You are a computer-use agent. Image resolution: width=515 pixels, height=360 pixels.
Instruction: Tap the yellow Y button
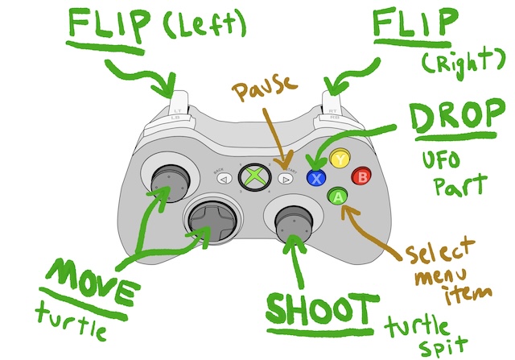tap(341, 159)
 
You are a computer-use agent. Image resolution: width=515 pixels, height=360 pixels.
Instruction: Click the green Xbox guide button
tap(255, 176)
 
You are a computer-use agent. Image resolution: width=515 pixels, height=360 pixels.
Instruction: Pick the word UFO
tap(440, 159)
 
